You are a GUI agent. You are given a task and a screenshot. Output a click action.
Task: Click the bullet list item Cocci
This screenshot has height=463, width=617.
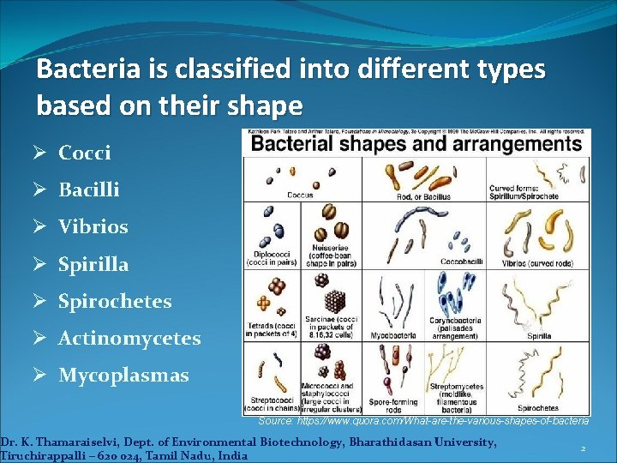click(84, 153)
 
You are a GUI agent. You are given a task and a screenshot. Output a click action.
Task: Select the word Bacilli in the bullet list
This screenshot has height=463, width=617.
click(88, 189)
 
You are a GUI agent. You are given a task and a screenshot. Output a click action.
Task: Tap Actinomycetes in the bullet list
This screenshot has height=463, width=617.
click(129, 339)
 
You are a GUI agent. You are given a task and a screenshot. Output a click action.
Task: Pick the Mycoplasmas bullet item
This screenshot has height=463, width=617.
click(123, 376)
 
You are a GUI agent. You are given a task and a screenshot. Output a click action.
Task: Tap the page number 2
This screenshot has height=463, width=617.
click(582, 448)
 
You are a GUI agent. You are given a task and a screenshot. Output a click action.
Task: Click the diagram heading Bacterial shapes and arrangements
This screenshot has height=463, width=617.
click(416, 143)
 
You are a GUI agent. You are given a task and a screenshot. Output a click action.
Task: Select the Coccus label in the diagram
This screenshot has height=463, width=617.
click(299, 195)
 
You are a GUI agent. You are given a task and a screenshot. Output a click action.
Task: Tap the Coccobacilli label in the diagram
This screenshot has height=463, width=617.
click(461, 261)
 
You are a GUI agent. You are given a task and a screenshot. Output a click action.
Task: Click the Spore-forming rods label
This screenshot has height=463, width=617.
click(391, 405)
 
